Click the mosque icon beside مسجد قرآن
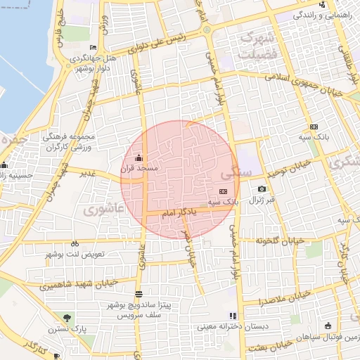point(139,157)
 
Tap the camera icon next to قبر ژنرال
point(262,188)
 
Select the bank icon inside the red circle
point(224,191)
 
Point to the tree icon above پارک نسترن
point(67,318)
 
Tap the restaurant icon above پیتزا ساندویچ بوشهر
point(139,293)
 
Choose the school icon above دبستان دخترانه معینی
point(232,316)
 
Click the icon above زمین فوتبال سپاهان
point(328,325)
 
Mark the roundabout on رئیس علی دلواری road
point(207,30)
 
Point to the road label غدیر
point(87,172)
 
